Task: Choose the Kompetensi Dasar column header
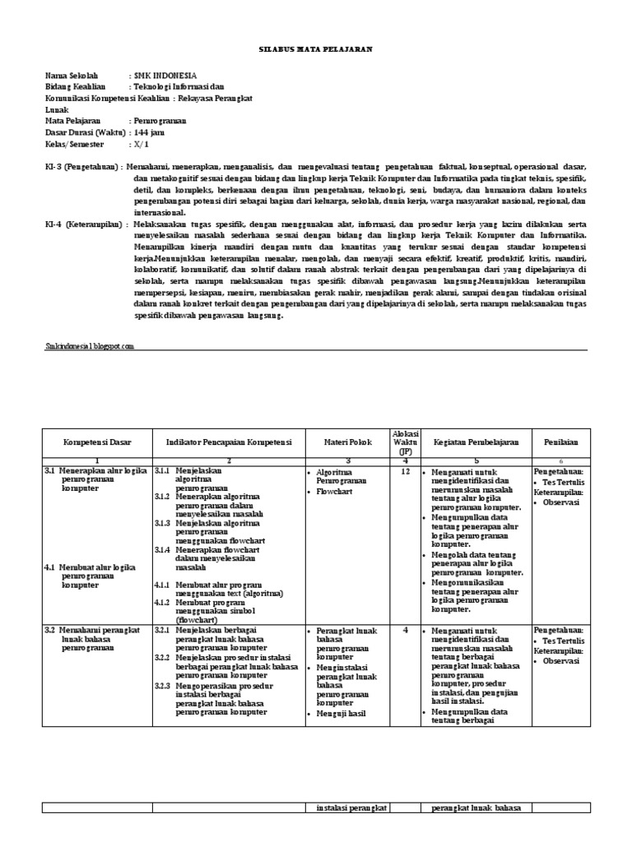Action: point(97,442)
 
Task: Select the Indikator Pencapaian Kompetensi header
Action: point(228,442)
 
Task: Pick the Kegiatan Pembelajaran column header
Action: point(476,442)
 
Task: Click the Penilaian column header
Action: point(560,442)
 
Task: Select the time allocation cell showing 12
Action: point(405,473)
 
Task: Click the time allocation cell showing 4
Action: point(405,630)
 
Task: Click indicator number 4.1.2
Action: point(162,602)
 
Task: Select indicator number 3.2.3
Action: point(162,685)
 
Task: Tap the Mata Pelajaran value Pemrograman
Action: point(160,120)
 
